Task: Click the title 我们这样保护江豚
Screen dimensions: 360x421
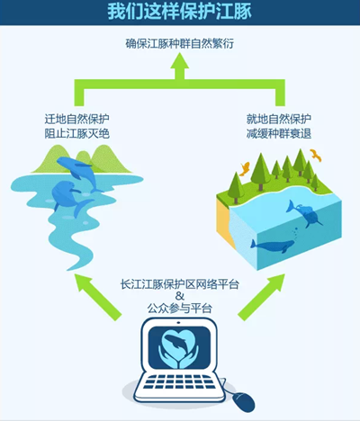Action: (180, 12)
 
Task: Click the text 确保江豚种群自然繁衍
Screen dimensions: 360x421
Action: (180, 44)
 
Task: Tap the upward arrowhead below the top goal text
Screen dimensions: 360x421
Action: (180, 61)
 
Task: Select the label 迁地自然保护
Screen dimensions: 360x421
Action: (77, 119)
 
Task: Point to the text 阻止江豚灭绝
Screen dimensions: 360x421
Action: (77, 133)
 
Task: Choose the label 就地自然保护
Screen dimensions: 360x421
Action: (279, 119)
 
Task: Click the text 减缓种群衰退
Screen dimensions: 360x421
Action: (279, 133)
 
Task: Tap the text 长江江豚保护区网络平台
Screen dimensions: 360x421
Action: (180, 284)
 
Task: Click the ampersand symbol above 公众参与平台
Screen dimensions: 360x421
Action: (180, 296)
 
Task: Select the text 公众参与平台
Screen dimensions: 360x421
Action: (180, 308)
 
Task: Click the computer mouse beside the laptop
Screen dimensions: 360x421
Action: (244, 401)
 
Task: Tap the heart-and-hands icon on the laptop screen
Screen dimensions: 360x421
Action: (179, 348)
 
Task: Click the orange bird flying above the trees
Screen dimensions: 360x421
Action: (316, 155)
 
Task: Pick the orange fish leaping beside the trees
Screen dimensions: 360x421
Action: (245, 168)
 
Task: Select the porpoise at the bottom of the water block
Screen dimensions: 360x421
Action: (272, 246)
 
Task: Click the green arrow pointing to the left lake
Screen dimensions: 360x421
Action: (98, 297)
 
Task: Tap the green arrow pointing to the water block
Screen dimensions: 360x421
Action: (261, 297)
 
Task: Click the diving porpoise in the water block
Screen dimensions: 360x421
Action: (303, 214)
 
